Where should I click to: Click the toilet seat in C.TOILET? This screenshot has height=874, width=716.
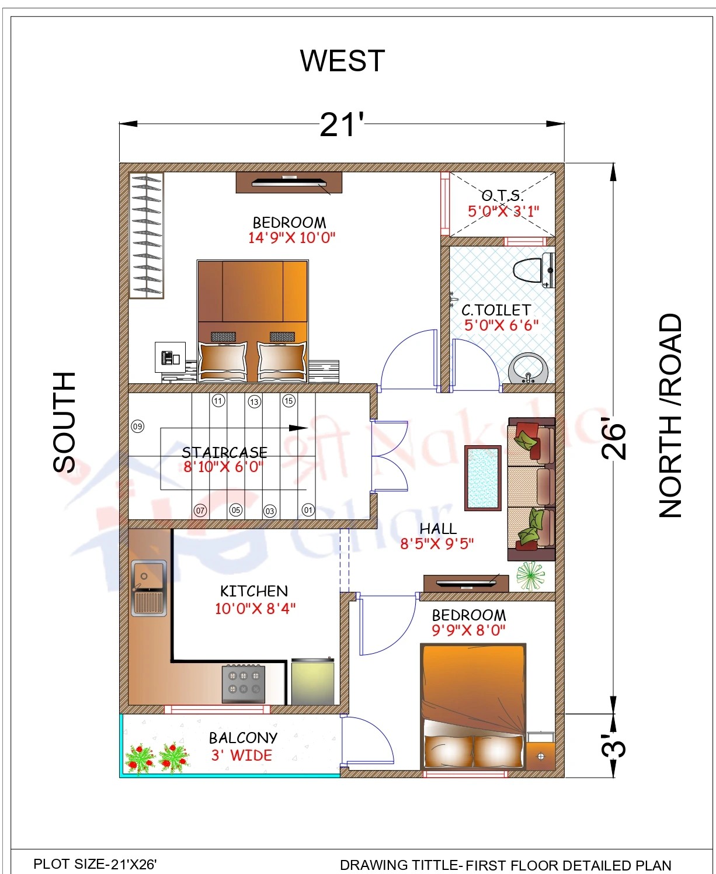point(533,270)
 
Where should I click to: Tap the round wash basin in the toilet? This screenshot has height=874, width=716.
point(529,369)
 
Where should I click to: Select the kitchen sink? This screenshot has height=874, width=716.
point(149,588)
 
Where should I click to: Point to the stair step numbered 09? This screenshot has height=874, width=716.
point(138,426)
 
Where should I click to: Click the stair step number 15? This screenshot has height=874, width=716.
point(289,401)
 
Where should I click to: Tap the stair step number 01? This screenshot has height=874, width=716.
point(308,509)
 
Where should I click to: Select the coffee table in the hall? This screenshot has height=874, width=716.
point(483,478)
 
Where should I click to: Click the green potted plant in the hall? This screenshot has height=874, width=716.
point(530,575)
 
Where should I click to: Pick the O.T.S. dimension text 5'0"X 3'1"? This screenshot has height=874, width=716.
point(503,211)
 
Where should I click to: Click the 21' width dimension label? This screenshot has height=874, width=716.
point(342,125)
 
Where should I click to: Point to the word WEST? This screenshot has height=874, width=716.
point(343,61)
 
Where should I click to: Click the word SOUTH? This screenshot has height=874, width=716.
point(64,422)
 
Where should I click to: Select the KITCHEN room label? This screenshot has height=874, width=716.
point(254,591)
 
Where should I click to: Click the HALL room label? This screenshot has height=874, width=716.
point(438,529)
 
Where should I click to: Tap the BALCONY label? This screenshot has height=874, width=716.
point(243,738)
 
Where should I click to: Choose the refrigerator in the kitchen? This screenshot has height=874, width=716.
point(313,681)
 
